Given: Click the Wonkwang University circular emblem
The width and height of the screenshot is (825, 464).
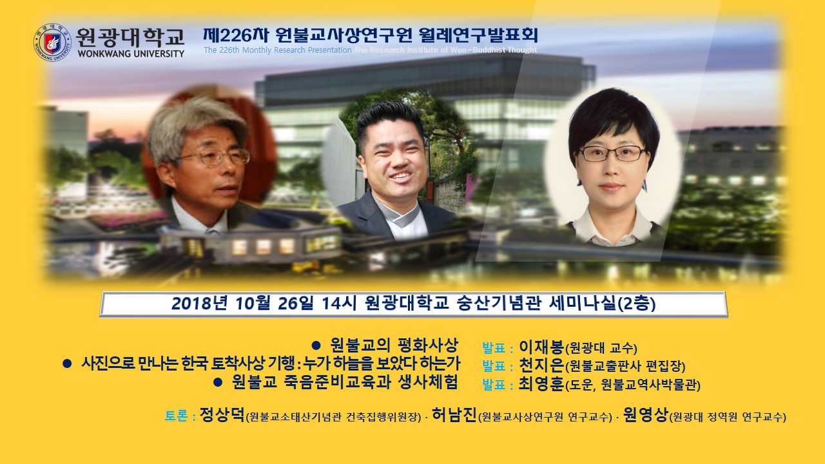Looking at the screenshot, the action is pyautogui.click(x=52, y=43).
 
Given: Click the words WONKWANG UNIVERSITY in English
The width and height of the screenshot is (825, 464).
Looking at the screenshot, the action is pyautogui.click(x=131, y=53).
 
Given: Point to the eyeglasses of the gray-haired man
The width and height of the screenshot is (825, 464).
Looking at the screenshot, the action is pyautogui.click(x=213, y=157).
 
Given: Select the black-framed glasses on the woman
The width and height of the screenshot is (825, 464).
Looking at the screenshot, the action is pyautogui.click(x=612, y=153).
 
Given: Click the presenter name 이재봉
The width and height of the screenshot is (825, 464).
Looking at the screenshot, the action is pyautogui.click(x=541, y=347).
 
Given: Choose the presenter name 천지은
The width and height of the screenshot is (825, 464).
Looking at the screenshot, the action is pyautogui.click(x=541, y=365).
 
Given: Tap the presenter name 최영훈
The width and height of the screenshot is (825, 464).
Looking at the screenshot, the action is pyautogui.click(x=541, y=384).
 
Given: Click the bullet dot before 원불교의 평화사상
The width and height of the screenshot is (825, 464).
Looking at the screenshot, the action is pyautogui.click(x=316, y=345).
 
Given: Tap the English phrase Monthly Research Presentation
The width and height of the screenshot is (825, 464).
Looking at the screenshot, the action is pyautogui.click(x=297, y=50).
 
